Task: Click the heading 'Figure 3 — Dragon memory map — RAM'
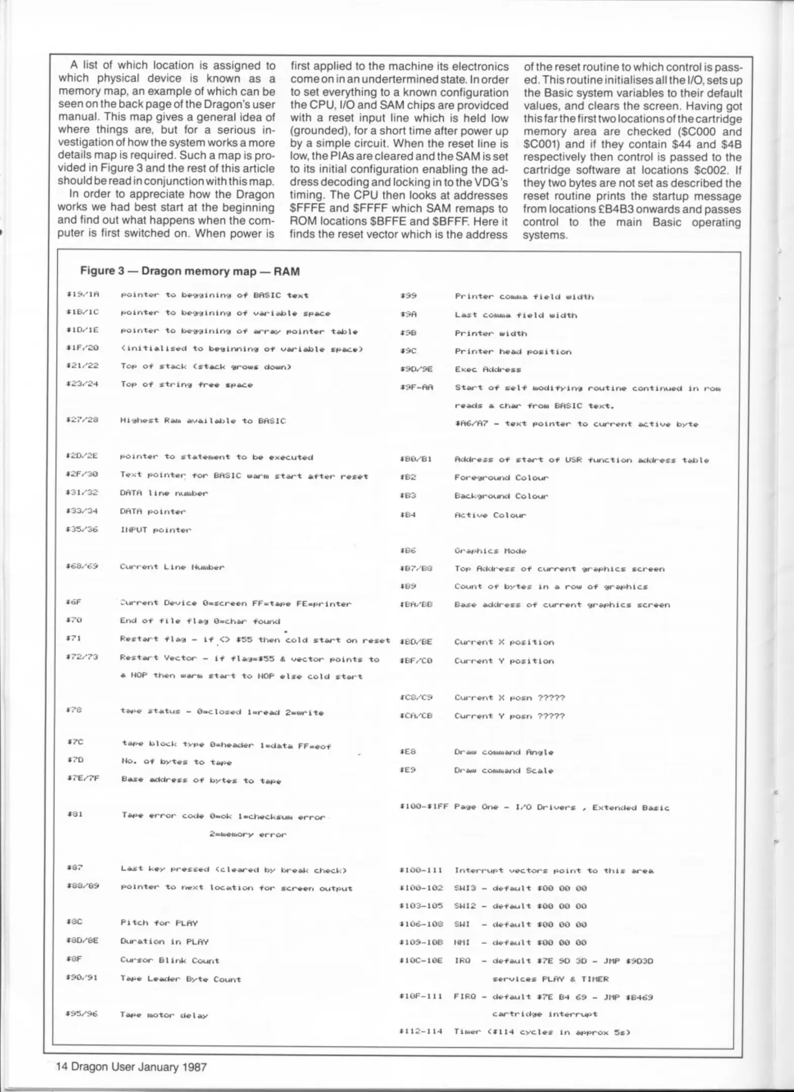(x=190, y=271)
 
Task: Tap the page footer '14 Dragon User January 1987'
(x=131, y=1067)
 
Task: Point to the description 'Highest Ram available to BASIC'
(x=203, y=421)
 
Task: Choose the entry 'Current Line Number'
(x=172, y=567)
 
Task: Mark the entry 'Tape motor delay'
(x=164, y=1015)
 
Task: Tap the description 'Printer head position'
(x=513, y=351)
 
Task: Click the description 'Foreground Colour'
(x=501, y=478)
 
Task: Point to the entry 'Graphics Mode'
(x=490, y=551)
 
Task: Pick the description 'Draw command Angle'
(x=504, y=752)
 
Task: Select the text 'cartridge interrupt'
(x=544, y=1014)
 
